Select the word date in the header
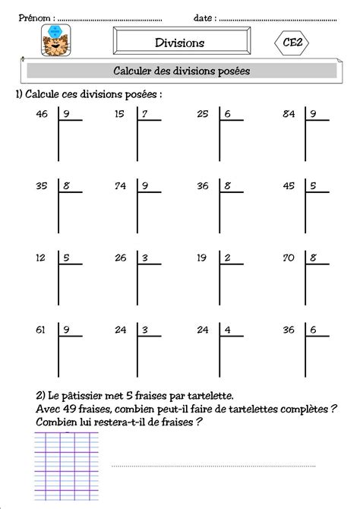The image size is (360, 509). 203,17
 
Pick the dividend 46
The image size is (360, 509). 42,115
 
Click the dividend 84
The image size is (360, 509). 289,115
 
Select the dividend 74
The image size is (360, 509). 120,185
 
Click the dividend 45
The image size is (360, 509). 289,185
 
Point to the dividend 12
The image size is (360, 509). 42,258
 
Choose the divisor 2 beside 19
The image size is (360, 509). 227,258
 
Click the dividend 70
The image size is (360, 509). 289,258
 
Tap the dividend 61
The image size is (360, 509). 42,330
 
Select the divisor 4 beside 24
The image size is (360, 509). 227,330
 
